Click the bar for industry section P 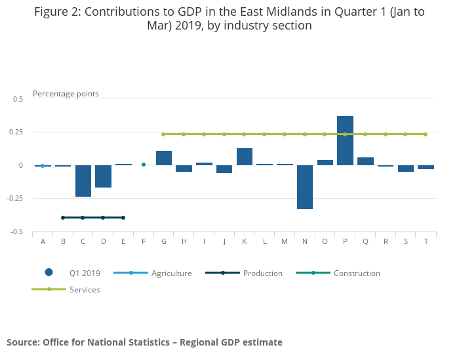[x=346, y=140]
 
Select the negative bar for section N [x=305, y=187]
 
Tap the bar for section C [x=83, y=180]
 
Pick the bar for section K [x=245, y=157]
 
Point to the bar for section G [x=164, y=158]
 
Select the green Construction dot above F [x=144, y=165]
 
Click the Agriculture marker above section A [x=43, y=166]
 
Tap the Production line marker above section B [x=63, y=218]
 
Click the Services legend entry [x=85, y=289]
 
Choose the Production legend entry [x=262, y=273]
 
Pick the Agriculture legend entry [x=171, y=273]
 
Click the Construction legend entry [x=357, y=273]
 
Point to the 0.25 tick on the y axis [x=18, y=132]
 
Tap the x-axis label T [x=426, y=242]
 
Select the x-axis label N [x=305, y=242]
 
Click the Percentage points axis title [x=66, y=94]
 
